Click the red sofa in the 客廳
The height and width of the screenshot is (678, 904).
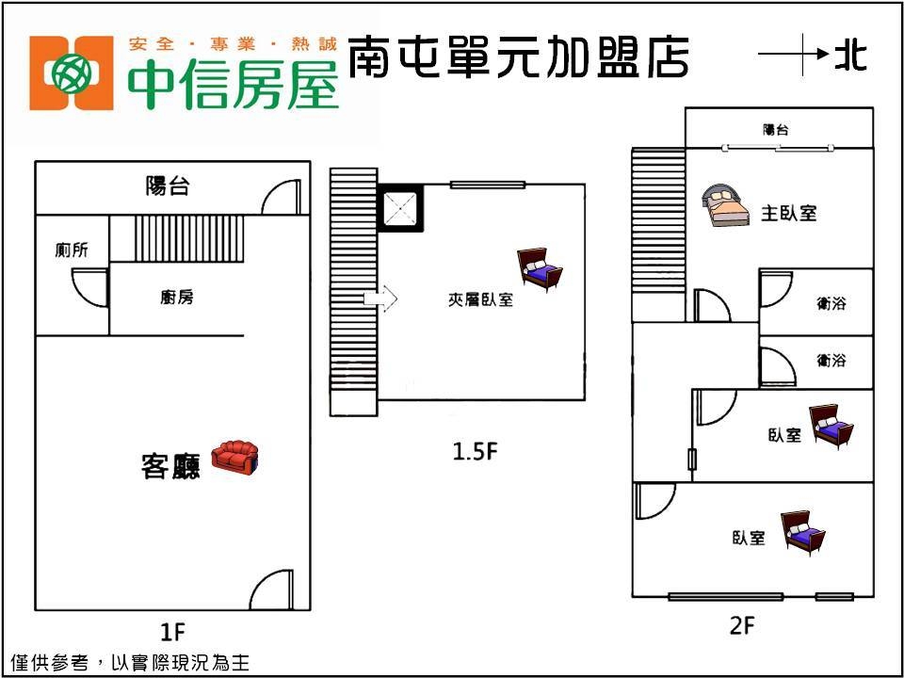point(234,458)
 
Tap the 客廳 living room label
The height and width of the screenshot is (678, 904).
point(170,466)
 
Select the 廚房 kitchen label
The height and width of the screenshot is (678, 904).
point(177,298)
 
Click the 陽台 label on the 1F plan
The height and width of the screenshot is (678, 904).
point(168,186)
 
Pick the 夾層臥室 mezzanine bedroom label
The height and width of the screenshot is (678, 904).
point(480,300)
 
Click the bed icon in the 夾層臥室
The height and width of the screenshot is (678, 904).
point(541,270)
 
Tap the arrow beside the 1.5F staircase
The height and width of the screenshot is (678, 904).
point(380,299)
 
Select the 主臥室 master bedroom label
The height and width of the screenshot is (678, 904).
point(788,213)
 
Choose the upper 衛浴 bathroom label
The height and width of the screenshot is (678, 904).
point(831,303)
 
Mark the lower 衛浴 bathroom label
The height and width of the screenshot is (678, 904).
point(831,360)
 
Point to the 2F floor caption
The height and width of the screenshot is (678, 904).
point(743,624)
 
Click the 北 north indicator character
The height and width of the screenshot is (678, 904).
point(850,56)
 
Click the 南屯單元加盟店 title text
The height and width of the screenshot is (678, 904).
point(518,57)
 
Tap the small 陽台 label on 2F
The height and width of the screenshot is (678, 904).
point(776,130)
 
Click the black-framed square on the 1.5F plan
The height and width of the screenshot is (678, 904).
point(400,207)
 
